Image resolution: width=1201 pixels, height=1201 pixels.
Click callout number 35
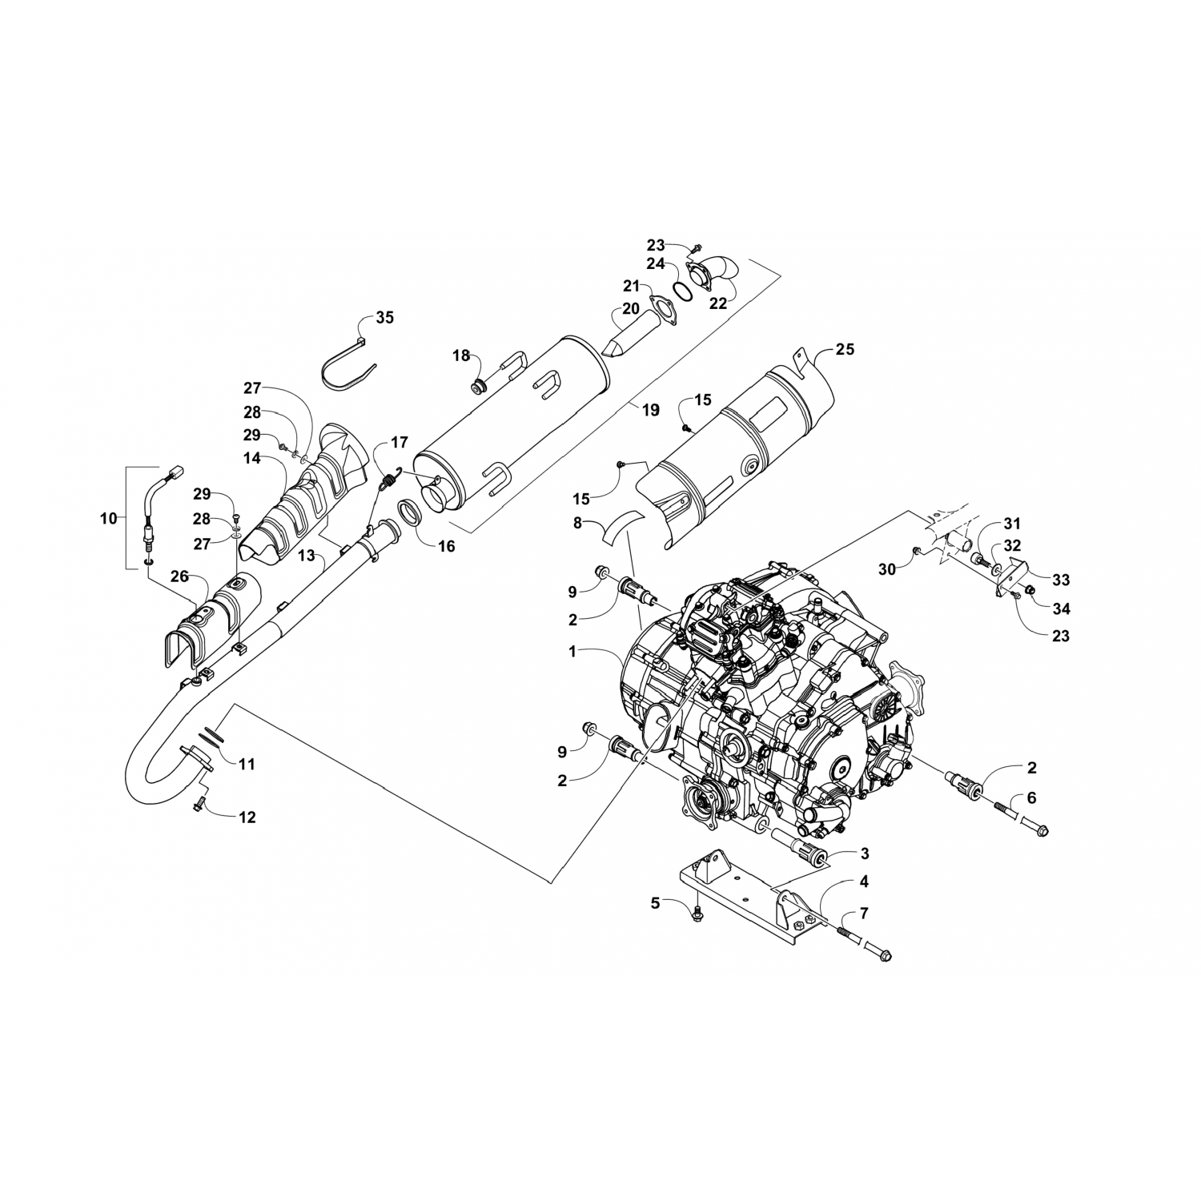[x=385, y=318]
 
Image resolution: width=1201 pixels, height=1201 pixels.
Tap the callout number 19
[x=650, y=410]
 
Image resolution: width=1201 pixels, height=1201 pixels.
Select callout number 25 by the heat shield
[x=845, y=349]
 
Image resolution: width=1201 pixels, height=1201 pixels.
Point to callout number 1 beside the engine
[x=572, y=652]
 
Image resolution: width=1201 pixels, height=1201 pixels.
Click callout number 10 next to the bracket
[x=108, y=518]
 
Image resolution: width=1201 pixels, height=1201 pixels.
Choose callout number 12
[x=247, y=817]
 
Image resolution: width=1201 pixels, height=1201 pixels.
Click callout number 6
[x=1031, y=797]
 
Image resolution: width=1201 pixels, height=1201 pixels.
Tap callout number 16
[x=446, y=546]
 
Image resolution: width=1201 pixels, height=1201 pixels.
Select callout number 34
[x=1062, y=609]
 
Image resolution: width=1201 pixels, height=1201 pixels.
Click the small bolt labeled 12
[x=200, y=802]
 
